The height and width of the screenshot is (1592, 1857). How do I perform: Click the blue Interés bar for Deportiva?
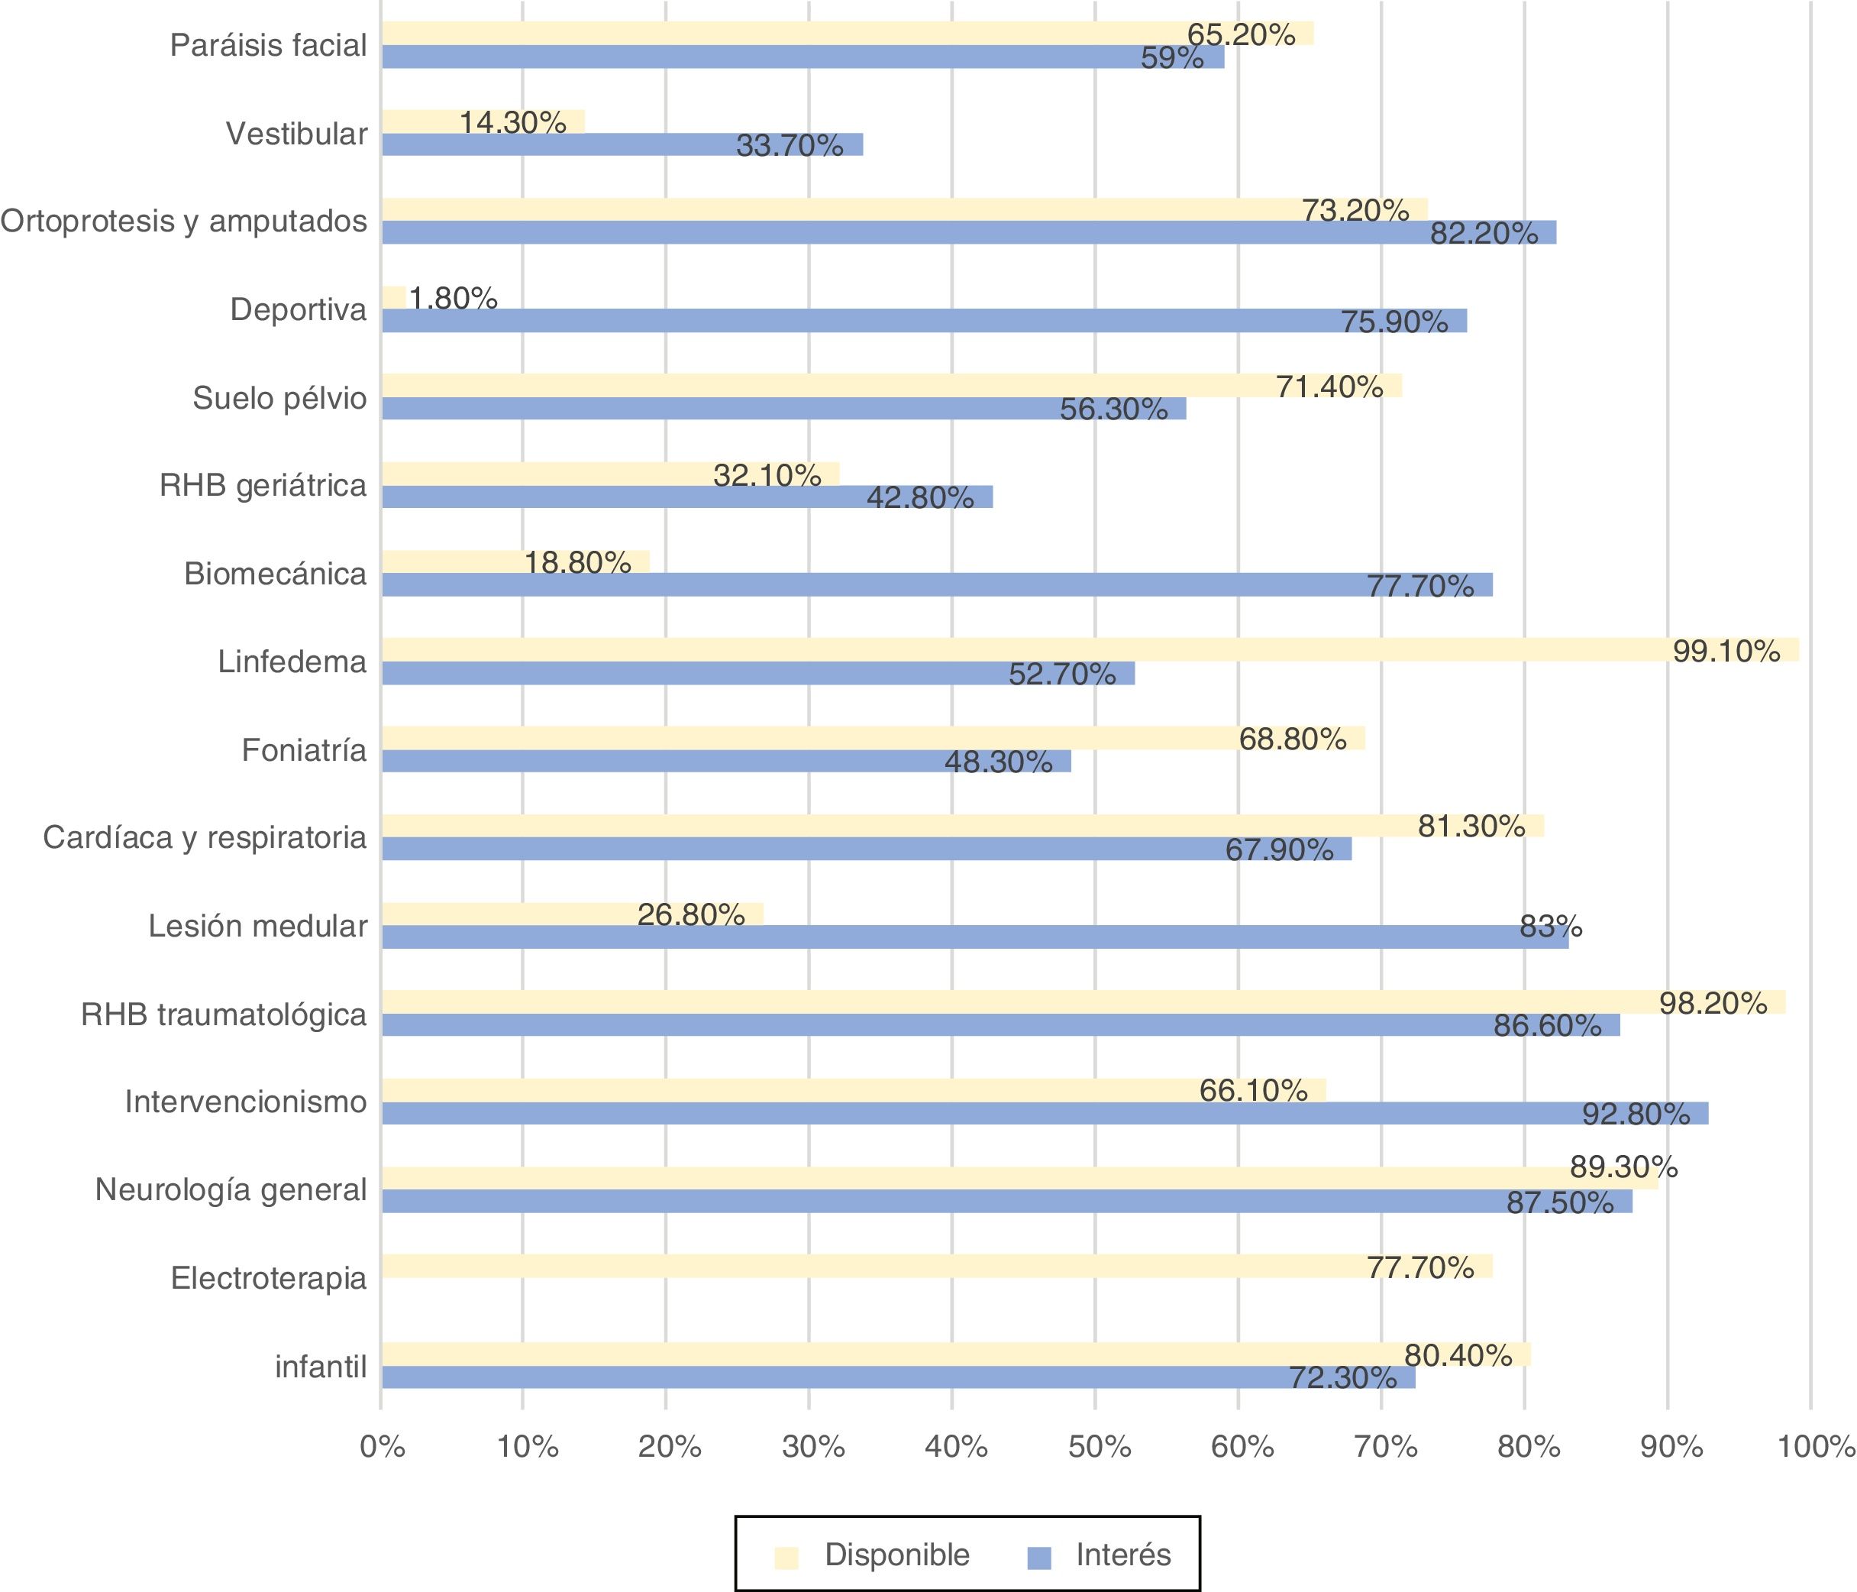pyautogui.click(x=923, y=320)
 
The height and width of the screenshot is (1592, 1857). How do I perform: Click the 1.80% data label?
pyautogui.click(x=454, y=299)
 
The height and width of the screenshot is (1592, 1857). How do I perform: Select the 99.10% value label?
pyautogui.click(x=1726, y=652)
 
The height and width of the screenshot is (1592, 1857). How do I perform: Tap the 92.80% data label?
pyautogui.click(x=1636, y=1115)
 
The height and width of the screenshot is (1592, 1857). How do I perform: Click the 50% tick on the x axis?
pyautogui.click(x=1099, y=1447)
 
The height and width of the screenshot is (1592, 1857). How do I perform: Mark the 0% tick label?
pyautogui.click(x=383, y=1447)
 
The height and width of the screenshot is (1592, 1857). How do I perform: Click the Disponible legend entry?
pyautogui.click(x=896, y=1555)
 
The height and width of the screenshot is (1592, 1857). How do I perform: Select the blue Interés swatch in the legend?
pyautogui.click(x=1038, y=1558)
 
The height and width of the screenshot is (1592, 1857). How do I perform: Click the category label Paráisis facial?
pyautogui.click(x=268, y=45)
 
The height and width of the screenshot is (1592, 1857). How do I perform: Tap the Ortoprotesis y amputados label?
pyautogui.click(x=184, y=222)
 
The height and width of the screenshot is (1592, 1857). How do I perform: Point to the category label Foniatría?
pyautogui.click(x=304, y=750)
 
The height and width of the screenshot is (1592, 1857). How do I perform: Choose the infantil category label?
pyautogui.click(x=321, y=1367)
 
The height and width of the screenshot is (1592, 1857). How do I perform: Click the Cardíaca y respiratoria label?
pyautogui.click(x=205, y=838)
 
